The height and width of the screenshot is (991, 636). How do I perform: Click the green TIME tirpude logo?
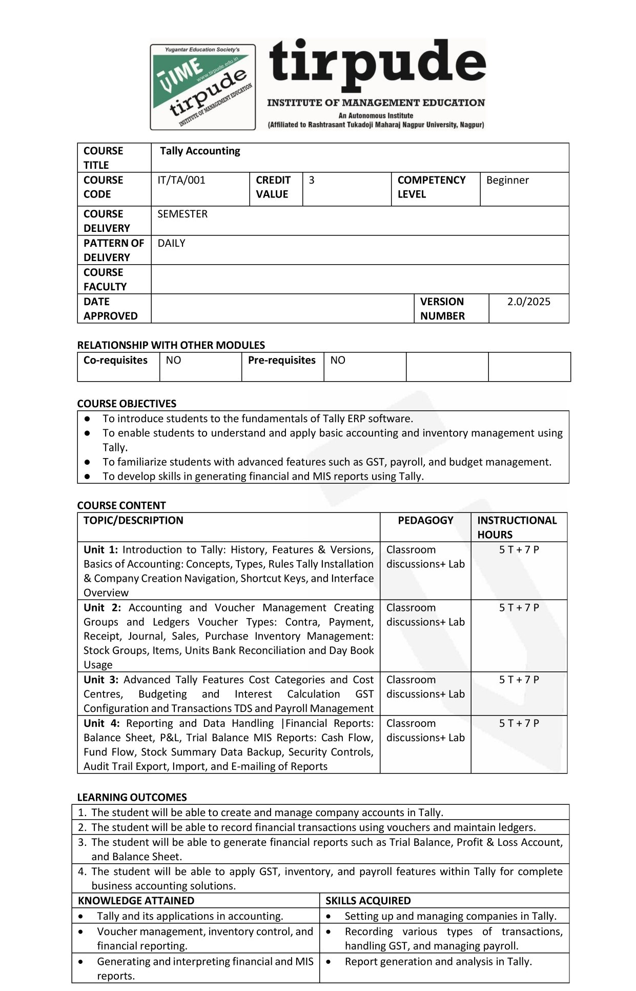click(x=202, y=87)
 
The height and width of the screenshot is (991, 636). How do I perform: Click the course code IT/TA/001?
click(x=181, y=180)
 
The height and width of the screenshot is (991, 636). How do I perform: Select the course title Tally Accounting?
click(x=200, y=151)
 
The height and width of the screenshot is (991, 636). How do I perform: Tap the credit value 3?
click(x=312, y=180)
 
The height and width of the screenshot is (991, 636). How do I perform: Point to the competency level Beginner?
click(x=507, y=180)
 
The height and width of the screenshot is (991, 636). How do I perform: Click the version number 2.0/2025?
click(x=528, y=302)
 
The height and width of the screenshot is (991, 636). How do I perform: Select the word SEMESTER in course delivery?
click(x=182, y=214)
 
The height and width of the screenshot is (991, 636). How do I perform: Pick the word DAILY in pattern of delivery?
click(x=171, y=243)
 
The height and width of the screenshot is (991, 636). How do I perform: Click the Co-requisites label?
click(x=115, y=360)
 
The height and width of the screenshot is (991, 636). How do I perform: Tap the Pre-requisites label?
click(x=281, y=360)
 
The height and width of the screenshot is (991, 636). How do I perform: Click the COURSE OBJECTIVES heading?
click(x=127, y=404)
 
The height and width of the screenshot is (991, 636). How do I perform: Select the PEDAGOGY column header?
click(x=425, y=520)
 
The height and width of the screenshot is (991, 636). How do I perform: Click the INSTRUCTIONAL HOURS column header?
click(x=517, y=527)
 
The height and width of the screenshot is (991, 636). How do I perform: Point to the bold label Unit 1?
click(x=100, y=549)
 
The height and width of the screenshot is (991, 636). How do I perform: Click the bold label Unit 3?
click(x=101, y=680)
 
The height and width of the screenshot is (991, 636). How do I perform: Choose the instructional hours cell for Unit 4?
click(x=519, y=723)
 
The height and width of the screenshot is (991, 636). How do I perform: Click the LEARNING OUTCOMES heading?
click(x=132, y=797)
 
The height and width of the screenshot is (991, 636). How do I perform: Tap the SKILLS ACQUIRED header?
click(x=368, y=901)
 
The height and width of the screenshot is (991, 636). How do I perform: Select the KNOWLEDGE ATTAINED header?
click(x=136, y=901)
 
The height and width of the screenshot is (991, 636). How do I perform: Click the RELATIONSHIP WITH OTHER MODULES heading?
click(x=171, y=345)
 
